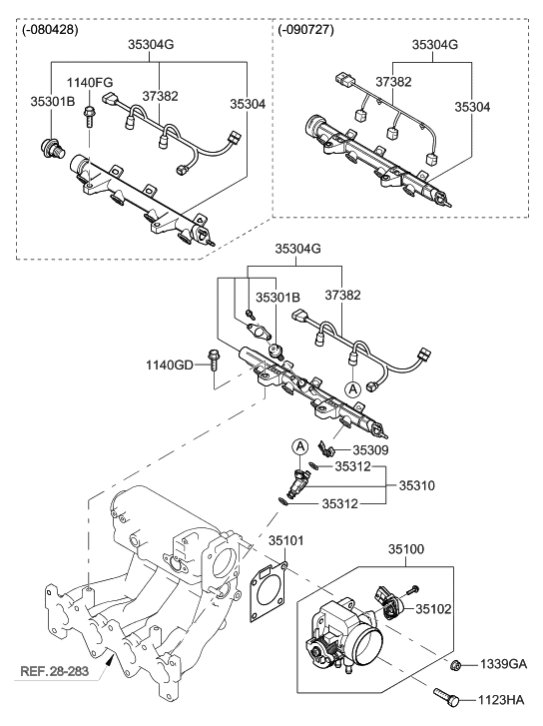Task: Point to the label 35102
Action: (435, 608)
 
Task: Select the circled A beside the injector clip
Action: (298, 444)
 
